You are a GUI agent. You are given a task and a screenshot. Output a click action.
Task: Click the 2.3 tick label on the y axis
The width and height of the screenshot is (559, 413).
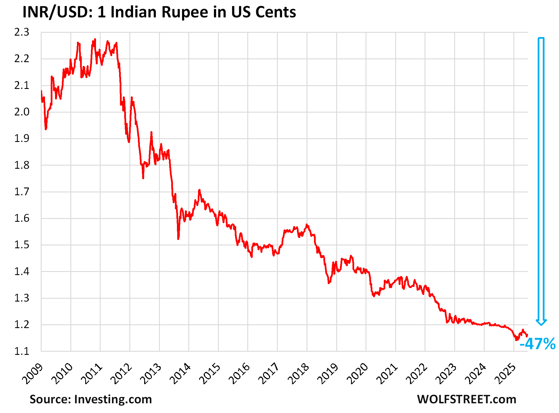[22, 32]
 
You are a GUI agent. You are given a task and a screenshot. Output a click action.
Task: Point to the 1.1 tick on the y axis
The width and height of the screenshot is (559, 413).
[22, 351]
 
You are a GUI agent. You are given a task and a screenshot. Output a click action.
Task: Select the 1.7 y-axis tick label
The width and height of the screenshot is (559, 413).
[22, 192]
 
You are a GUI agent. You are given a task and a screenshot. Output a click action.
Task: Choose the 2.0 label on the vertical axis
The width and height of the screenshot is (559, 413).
[22, 112]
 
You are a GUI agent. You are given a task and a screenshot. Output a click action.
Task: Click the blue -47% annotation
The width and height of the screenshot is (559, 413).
[537, 344]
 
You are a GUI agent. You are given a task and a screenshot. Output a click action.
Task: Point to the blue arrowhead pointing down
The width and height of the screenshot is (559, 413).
[541, 322]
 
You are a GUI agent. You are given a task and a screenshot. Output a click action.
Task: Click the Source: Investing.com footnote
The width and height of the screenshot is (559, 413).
[91, 399]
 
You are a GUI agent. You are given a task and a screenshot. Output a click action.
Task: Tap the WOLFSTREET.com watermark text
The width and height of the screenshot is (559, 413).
[466, 399]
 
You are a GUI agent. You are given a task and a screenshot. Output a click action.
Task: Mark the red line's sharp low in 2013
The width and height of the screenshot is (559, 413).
[178, 239]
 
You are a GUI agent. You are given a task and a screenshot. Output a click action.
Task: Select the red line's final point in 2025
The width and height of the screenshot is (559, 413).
[527, 335]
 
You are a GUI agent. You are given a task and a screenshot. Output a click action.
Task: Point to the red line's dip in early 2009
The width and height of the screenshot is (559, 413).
[46, 129]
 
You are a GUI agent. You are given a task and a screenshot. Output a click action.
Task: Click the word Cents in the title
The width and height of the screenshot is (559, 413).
[275, 12]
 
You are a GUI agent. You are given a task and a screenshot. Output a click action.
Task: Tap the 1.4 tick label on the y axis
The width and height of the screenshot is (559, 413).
[22, 271]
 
